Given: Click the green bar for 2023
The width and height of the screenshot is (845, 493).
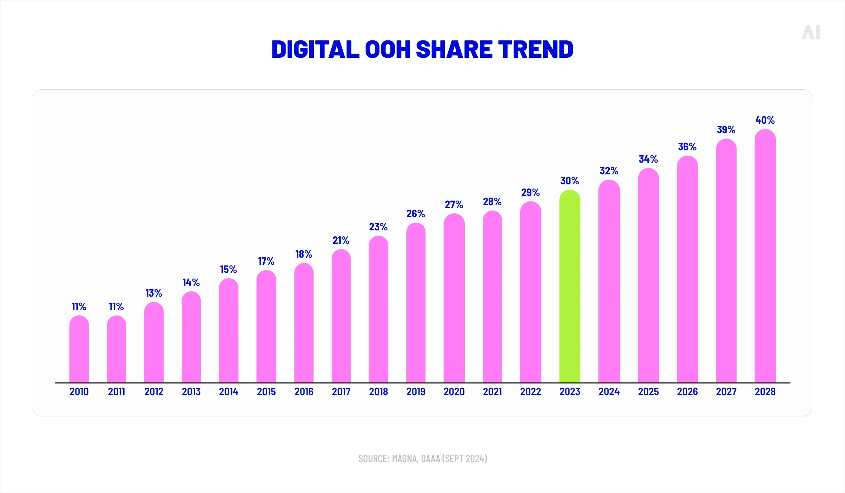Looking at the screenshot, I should point(570,287).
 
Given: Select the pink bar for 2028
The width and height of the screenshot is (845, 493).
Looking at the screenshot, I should point(765,257).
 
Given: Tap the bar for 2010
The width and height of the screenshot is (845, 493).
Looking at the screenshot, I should point(79,349).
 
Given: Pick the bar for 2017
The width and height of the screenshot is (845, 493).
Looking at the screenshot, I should point(341,316).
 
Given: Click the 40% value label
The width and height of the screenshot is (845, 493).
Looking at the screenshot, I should point(765,120).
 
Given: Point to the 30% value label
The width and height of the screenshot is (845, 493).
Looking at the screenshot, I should point(569,181).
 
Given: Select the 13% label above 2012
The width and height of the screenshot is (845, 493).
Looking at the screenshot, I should point(153,293).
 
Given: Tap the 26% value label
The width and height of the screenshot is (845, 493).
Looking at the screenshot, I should point(416,214).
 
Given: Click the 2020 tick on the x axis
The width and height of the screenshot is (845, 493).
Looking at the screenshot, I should point(454,392).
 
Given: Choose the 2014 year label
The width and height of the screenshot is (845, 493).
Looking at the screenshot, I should point(229,392).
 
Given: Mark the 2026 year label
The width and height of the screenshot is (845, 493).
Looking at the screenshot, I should point(687,392).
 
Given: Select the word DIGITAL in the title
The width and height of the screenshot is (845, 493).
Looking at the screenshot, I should point(315,49).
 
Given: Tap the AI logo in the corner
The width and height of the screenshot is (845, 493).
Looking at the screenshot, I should point(811,32).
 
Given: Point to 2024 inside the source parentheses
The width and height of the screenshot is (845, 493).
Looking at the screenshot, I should point(475,459).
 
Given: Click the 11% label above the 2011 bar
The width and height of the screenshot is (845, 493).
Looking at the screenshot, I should point(116,307).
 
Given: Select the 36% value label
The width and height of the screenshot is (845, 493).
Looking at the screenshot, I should point(687,147).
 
